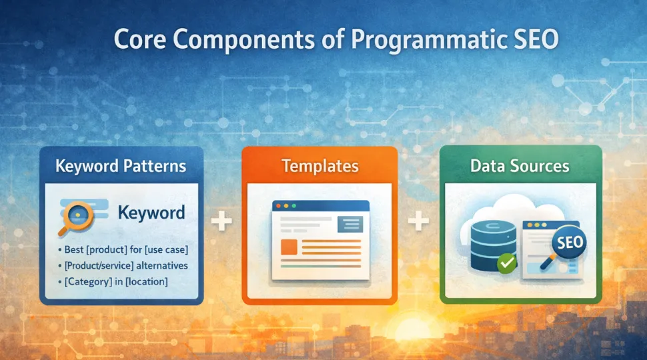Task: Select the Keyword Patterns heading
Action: click(x=121, y=165)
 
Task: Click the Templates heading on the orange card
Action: click(x=319, y=166)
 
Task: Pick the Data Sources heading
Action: click(x=520, y=165)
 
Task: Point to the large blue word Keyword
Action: click(x=151, y=213)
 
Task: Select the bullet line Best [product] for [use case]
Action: click(x=125, y=250)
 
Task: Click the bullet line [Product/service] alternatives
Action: click(x=125, y=265)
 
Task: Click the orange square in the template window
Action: click(x=289, y=247)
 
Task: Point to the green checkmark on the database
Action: click(x=507, y=263)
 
